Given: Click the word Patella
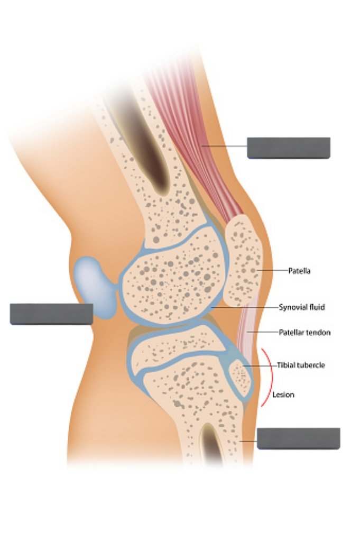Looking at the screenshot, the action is (299, 271).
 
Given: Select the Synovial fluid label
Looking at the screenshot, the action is (301, 307).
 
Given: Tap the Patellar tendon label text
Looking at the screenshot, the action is (304, 333).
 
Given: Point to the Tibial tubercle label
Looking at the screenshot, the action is (301, 365).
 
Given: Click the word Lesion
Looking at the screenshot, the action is (283, 395).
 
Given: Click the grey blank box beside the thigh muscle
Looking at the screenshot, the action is (289, 148).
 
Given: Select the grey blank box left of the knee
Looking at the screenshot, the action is (51, 314).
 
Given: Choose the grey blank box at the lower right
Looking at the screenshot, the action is (298, 438).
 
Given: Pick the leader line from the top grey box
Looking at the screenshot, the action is (225, 147).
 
